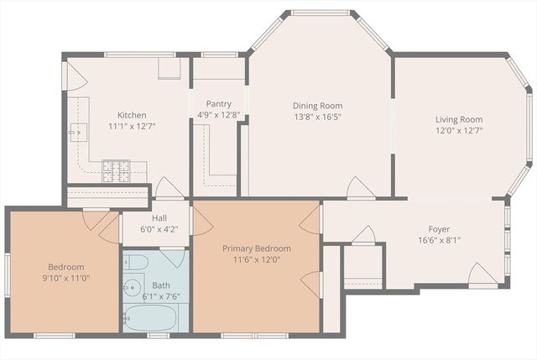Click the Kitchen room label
[x=132, y=115]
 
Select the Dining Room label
[x=316, y=105]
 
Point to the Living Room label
[x=458, y=119]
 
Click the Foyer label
[x=439, y=227]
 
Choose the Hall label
[x=146, y=217]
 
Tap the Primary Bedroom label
[x=256, y=248]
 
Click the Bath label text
[x=160, y=285]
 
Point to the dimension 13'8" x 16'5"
[x=316, y=117]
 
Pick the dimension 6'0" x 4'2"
[x=146, y=227]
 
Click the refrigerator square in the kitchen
[x=169, y=68]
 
